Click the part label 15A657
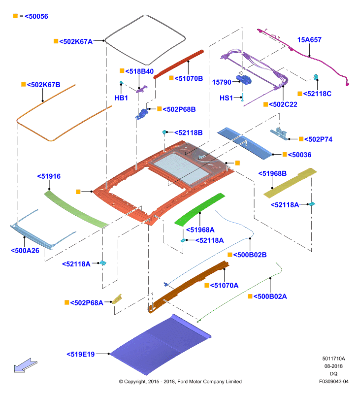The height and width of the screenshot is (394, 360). click(x=309, y=40)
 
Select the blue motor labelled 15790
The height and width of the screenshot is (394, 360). click(x=244, y=80)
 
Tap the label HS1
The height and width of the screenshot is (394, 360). click(x=226, y=98)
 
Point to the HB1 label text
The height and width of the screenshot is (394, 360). click(x=121, y=98)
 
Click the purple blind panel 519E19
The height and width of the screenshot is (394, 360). click(x=161, y=345)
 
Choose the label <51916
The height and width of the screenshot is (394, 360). click(x=49, y=176)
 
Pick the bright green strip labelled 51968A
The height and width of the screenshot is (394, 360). click(x=200, y=210)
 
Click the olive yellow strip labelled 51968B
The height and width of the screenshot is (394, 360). click(x=290, y=183)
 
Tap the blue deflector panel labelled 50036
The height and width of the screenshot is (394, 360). click(x=245, y=143)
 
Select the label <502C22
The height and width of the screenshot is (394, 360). click(x=283, y=104)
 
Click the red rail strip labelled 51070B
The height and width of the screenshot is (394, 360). click(x=179, y=65)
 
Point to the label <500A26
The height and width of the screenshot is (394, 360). click(x=25, y=251)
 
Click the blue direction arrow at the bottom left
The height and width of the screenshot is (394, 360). click(x=26, y=365)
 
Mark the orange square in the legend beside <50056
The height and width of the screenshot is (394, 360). click(x=15, y=16)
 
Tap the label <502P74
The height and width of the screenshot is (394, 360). click(x=318, y=139)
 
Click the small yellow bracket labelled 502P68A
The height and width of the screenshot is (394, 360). click(x=117, y=299)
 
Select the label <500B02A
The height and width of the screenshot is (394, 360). click(x=270, y=296)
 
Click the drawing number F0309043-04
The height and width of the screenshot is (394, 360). click(x=334, y=381)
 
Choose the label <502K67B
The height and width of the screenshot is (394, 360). click(x=43, y=85)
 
